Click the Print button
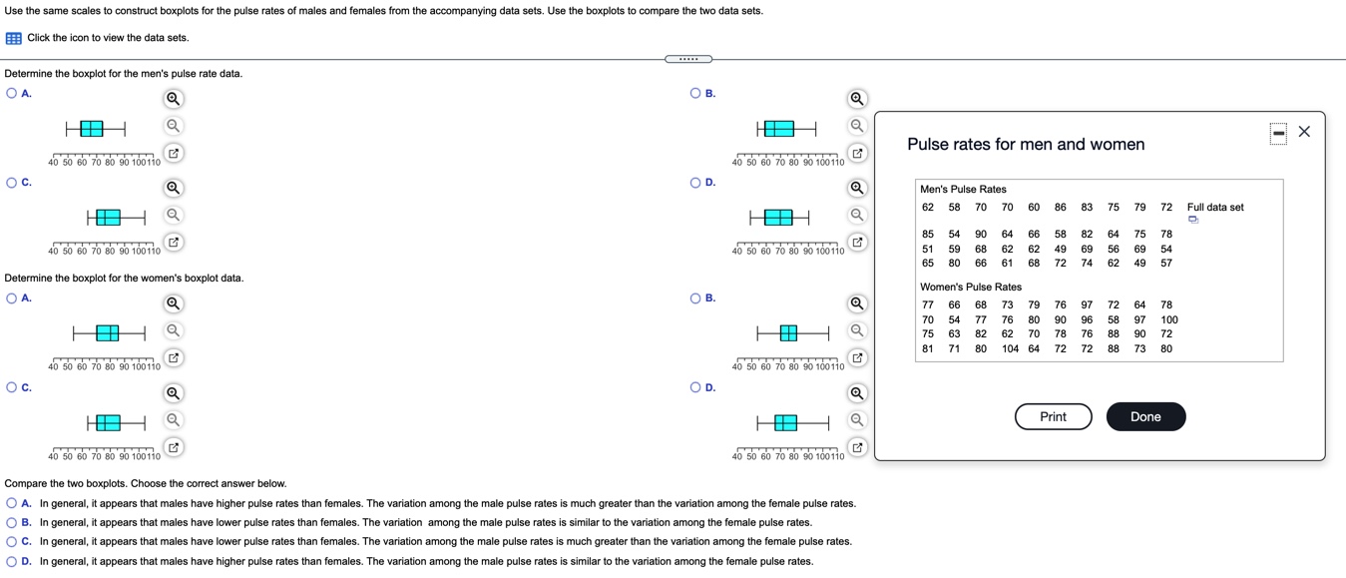pos(1053,416)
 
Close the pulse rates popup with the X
pos(1304,133)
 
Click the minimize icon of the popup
pos(1278,133)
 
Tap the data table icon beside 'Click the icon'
pos(14,38)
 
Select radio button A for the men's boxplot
pos(11,93)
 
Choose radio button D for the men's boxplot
pos(695,183)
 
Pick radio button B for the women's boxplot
pos(695,297)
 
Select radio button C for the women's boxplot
pos(11,387)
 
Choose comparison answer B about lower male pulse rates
pos(11,522)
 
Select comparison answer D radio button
pos(11,561)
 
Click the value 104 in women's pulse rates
pos(1010,348)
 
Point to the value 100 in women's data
pos(1168,319)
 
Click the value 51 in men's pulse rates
pos(928,249)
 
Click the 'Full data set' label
pos(1215,207)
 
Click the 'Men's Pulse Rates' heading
pos(963,189)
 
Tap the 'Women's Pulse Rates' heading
pos(970,287)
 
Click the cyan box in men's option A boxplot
pos(91,128)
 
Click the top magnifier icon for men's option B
pos(856,99)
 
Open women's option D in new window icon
pos(856,446)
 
